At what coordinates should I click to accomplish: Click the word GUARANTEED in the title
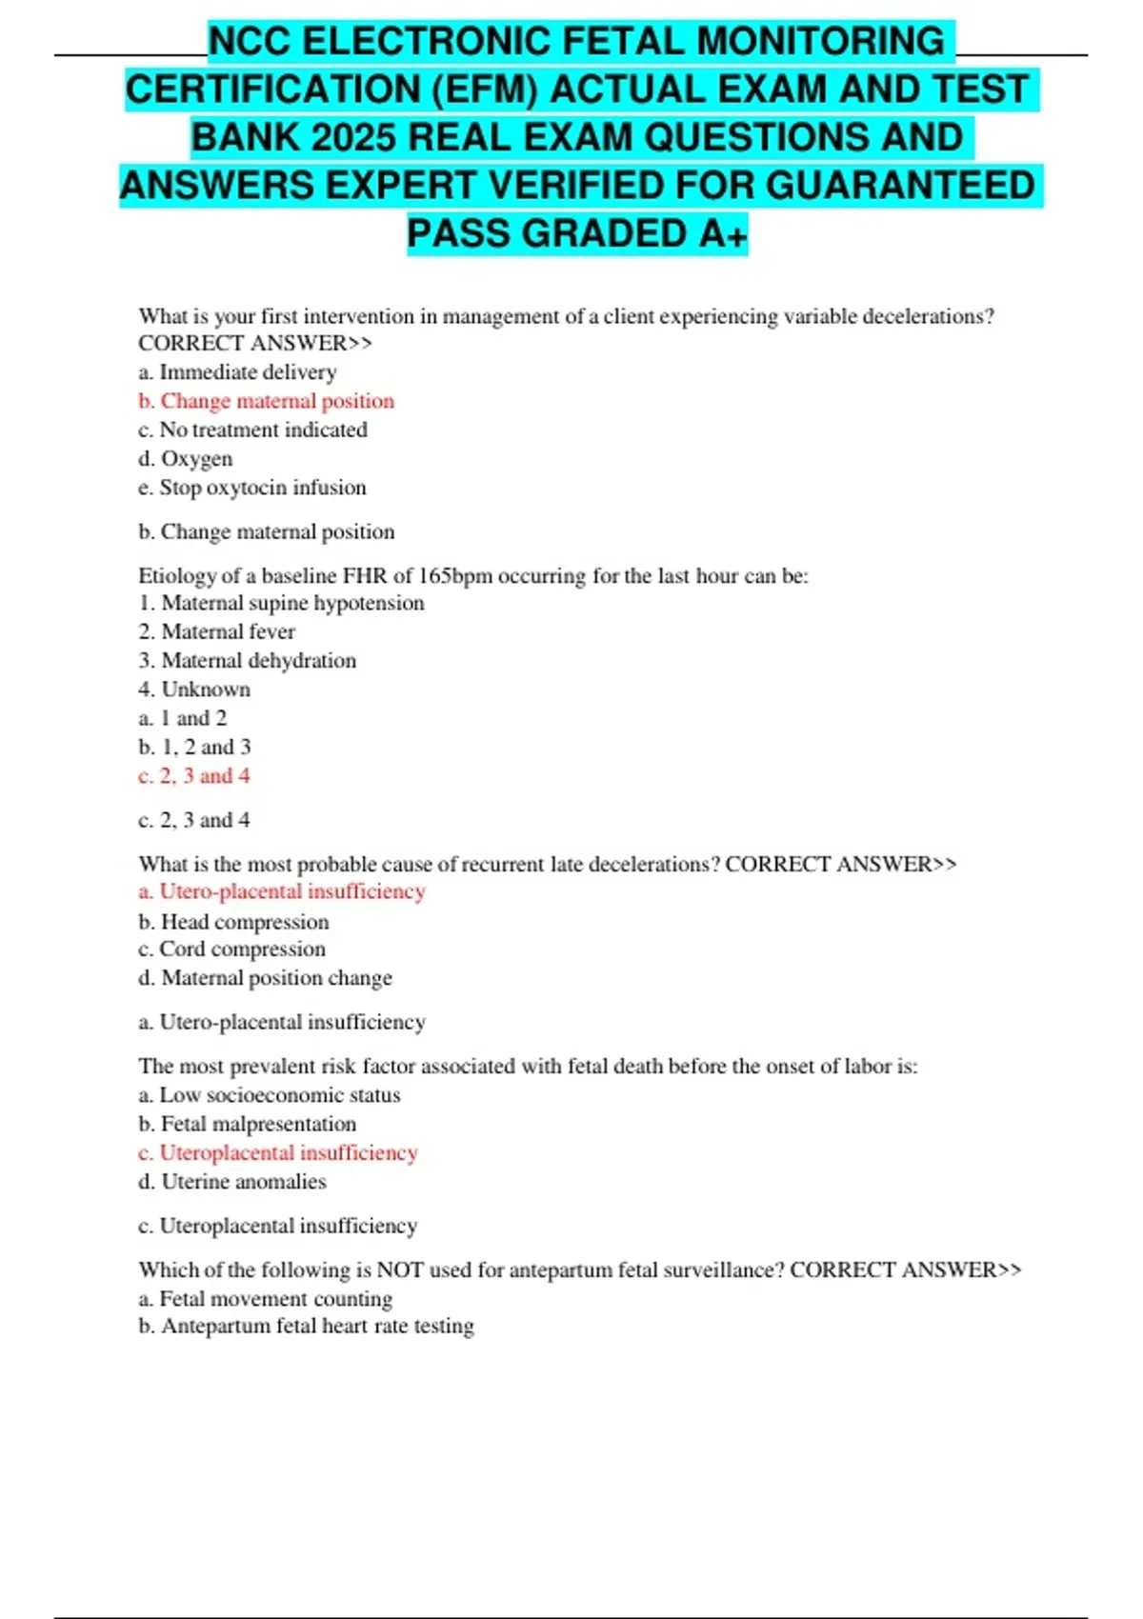coord(900,186)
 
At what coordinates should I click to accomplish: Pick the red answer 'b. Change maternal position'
coord(266,401)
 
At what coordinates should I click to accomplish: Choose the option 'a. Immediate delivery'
coord(237,372)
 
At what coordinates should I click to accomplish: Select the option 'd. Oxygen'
coord(185,459)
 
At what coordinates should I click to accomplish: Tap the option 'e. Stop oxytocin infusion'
coord(251,488)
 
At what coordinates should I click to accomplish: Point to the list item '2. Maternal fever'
coord(216,631)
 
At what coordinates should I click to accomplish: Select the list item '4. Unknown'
coord(194,690)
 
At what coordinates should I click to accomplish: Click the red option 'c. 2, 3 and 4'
coord(194,776)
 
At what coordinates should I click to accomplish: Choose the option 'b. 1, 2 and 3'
coord(194,748)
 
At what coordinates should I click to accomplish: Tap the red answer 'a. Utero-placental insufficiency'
coord(281,891)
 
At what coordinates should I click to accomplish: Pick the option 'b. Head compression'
coord(233,922)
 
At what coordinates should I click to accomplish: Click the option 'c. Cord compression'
coord(231,949)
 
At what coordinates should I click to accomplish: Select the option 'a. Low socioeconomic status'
coord(269,1095)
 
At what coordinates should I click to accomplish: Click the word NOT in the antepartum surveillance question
coord(400,1270)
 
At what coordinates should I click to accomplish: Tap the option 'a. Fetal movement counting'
coord(265,1299)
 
